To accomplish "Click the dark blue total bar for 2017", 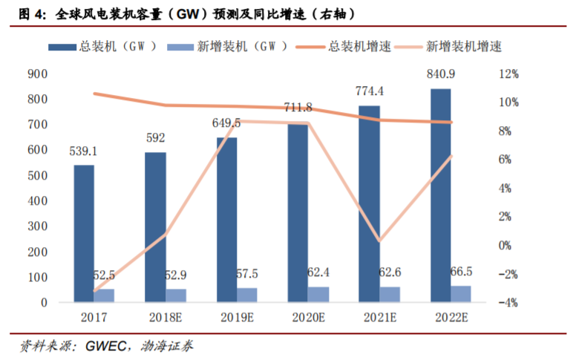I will click(84, 233).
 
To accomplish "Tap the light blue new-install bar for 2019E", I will click(246, 294).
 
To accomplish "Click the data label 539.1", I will click(83, 152).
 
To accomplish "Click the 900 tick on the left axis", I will click(37, 73).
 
